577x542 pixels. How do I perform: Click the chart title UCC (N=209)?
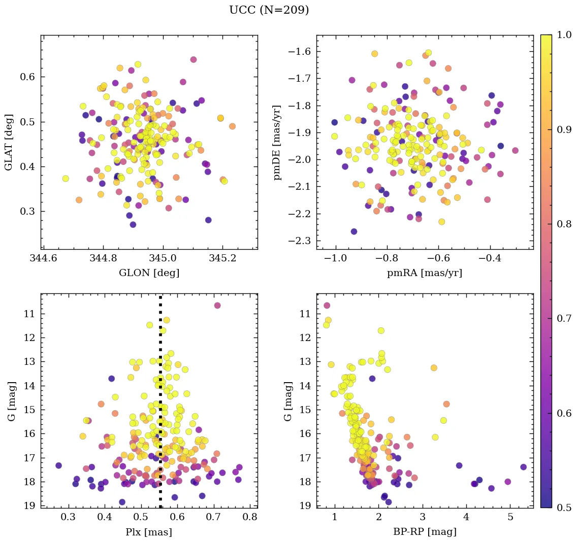tap(269, 10)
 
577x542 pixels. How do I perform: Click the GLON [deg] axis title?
tap(149, 273)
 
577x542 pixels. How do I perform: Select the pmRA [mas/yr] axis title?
tap(425, 273)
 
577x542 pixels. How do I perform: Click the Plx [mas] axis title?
tap(149, 532)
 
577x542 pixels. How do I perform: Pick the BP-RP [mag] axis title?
tap(425, 532)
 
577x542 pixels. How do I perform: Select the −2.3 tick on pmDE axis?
tap(300, 241)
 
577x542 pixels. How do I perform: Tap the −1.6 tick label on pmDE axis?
tap(300, 52)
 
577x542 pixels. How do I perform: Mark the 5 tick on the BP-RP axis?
tap(510, 518)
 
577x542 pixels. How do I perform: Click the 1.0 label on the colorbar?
tap(564, 35)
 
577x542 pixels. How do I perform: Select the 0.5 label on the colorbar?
tap(564, 507)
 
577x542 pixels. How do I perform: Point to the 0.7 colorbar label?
tap(564, 319)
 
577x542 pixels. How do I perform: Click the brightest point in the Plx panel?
tap(217, 306)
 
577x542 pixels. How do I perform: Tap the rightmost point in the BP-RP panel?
tap(524, 467)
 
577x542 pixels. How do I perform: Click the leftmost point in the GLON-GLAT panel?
tap(66, 179)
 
